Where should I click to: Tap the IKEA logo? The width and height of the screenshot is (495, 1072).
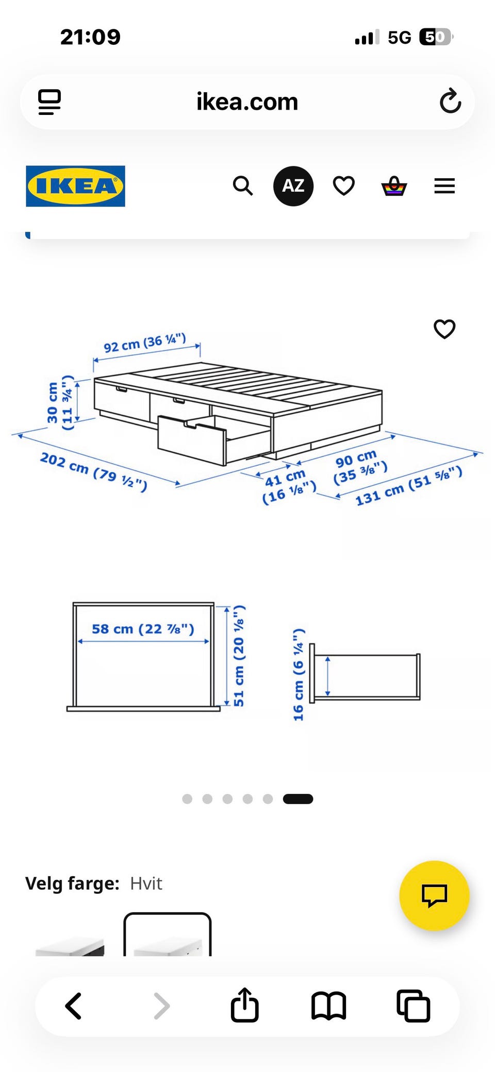click(x=75, y=186)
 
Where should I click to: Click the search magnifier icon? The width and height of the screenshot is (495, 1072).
click(x=243, y=185)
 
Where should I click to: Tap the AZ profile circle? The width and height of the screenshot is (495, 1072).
click(x=293, y=186)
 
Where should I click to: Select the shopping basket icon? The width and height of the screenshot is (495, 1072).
click(x=394, y=186)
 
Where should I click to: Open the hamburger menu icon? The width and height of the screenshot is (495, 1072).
click(x=444, y=186)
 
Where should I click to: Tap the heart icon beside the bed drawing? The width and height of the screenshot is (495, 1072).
click(x=444, y=329)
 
